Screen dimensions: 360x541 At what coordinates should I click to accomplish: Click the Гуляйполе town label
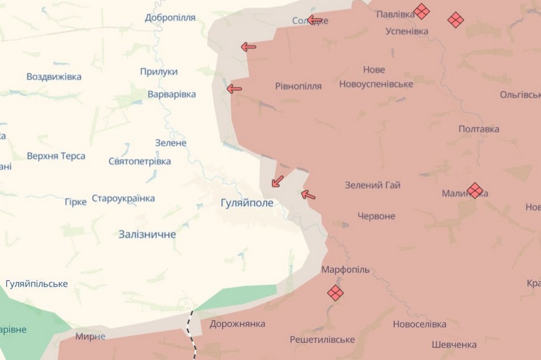(247, 203)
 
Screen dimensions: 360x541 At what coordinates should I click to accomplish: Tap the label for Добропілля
(170, 18)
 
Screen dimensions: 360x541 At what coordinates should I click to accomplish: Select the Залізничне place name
(147, 235)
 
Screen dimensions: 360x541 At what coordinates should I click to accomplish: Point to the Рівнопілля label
(298, 86)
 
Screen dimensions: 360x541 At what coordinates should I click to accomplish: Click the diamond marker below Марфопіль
(335, 293)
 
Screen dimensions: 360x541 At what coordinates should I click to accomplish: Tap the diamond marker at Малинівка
(475, 190)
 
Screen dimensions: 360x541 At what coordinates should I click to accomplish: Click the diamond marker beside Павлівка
(421, 11)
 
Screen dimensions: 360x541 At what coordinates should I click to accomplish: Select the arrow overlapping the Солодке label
(315, 21)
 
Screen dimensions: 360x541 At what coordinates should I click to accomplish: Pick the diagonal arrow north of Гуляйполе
(277, 181)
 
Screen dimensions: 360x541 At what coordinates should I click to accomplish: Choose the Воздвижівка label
(54, 77)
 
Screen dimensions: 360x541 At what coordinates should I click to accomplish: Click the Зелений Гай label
(373, 185)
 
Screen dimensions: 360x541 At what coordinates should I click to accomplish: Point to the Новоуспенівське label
(376, 84)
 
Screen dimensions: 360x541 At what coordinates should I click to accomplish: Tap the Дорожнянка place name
(237, 324)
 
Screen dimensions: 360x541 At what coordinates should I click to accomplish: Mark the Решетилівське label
(322, 339)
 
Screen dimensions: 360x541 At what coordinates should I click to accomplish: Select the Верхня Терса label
(56, 156)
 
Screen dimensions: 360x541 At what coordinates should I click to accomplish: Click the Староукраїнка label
(123, 198)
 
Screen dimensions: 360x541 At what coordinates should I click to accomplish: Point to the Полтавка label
(479, 129)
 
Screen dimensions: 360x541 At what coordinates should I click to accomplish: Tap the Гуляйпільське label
(37, 284)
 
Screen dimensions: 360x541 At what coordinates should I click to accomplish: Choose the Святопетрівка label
(140, 161)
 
